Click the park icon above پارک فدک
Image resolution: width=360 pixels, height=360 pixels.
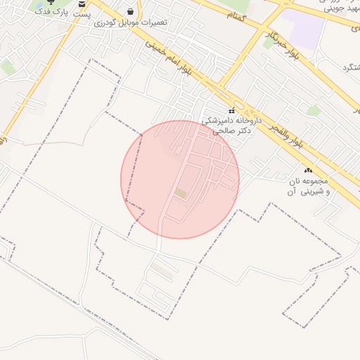coord(49,3)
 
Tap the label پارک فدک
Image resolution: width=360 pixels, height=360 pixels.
coord(52,13)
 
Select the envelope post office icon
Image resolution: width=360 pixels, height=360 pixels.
coord(82,4)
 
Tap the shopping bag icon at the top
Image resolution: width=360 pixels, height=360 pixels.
coord(131,11)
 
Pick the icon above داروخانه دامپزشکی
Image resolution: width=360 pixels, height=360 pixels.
coord(232,110)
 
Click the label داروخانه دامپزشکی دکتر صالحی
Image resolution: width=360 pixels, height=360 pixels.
coord(232,125)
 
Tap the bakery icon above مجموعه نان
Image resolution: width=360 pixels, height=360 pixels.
coord(307,171)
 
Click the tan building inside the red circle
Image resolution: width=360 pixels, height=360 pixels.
coord(181,193)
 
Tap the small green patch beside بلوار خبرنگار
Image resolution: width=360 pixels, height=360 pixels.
coord(268,42)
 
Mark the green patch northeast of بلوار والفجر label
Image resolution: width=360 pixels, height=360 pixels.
coord(314,111)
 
